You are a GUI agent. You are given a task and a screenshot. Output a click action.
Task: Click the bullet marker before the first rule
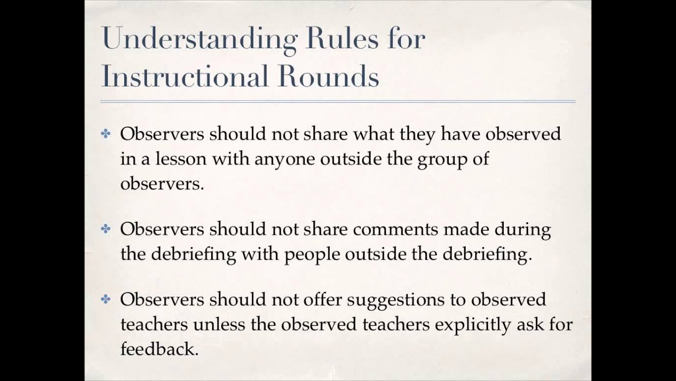pos(106,134)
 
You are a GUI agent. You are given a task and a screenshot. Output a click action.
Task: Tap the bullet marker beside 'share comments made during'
pos(106,229)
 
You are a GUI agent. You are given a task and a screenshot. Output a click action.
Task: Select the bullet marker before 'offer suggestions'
pos(106,300)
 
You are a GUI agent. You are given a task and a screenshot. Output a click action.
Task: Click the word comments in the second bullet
pos(396,229)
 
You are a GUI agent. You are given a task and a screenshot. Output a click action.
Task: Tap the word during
pos(522,229)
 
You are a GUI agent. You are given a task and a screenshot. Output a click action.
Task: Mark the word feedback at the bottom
pos(159,349)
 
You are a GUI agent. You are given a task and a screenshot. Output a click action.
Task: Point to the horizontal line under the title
pos(338,101)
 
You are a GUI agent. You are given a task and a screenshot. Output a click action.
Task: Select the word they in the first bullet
pos(418,134)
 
